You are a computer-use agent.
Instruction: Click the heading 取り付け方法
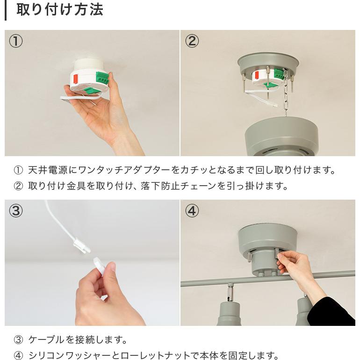(x=60, y=10)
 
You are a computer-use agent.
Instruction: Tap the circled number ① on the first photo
(x=16, y=41)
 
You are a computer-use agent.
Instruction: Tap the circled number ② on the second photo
(x=192, y=41)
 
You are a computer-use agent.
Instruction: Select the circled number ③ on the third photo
(x=16, y=211)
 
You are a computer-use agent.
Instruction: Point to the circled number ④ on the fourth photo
(x=192, y=211)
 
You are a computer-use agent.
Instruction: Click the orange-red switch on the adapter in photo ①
(x=75, y=79)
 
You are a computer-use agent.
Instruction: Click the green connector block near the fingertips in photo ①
(x=102, y=78)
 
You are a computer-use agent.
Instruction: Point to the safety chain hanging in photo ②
(x=285, y=92)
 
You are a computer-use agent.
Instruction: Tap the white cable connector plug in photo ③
(x=81, y=245)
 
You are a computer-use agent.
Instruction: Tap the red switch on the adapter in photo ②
(x=257, y=75)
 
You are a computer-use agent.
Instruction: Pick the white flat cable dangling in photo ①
(x=80, y=98)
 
